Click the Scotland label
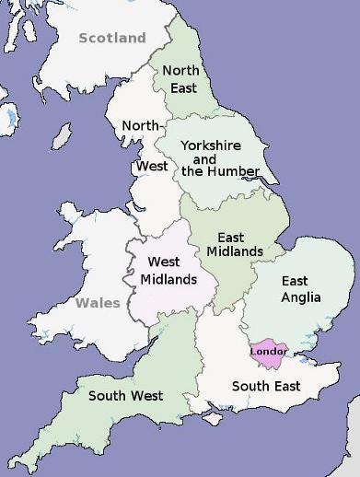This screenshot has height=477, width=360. click(x=112, y=38)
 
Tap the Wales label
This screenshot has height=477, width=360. click(x=98, y=303)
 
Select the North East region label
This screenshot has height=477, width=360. click(x=180, y=79)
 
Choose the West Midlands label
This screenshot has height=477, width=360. click(x=168, y=271)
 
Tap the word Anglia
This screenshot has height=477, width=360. click(x=301, y=297)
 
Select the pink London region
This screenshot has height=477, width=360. click(x=268, y=352)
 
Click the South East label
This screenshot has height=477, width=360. click(x=265, y=386)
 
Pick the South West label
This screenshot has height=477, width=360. click(x=125, y=396)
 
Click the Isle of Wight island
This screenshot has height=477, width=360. click(x=214, y=419)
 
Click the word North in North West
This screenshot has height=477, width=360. click(x=141, y=125)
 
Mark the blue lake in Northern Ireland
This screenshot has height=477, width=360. click(x=9, y=117)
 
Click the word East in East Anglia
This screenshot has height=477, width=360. click(x=296, y=281)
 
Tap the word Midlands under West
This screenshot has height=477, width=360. click(x=168, y=279)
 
